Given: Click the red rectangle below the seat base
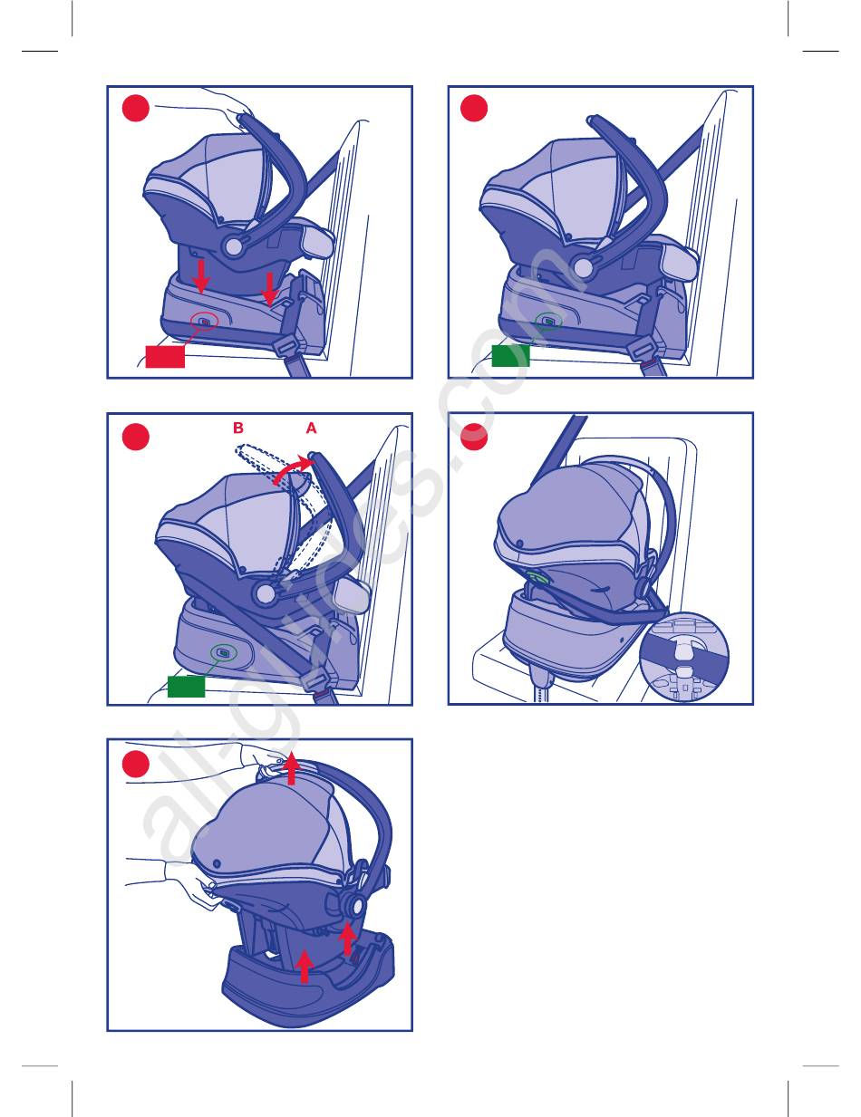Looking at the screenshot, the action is pos(165,357).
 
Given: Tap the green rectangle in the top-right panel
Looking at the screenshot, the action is pos(510,356).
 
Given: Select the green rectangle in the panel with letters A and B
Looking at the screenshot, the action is pos(186,687).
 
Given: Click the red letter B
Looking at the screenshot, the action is pos(238,428).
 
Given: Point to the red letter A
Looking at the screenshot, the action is pos(312,428).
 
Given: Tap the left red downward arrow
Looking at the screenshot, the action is pos(201,276).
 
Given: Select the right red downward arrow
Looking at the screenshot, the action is pos(269,289).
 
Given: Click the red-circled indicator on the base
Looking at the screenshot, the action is pos(204,322).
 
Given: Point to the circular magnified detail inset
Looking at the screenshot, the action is pos(684,657).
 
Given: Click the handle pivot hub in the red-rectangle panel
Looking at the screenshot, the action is pos(234,246).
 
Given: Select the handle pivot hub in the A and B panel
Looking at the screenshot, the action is pos(266,594).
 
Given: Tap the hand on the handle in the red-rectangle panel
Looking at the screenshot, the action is pos(227,105).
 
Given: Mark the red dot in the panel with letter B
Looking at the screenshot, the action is pos(136,437).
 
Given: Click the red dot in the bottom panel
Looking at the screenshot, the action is pos(136,764).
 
